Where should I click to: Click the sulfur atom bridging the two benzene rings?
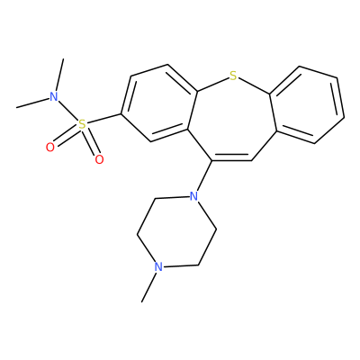click(233, 76)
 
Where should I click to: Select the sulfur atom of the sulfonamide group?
click(82, 124)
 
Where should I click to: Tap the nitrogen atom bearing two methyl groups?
click(54, 96)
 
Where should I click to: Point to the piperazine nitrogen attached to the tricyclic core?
click(194, 196)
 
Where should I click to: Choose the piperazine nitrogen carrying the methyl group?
click(158, 266)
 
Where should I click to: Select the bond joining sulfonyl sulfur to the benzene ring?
click(103, 119)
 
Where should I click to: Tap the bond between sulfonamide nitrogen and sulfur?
click(67, 111)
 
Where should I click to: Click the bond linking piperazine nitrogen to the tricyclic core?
click(204, 176)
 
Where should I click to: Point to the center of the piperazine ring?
click(176, 231)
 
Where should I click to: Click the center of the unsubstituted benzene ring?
click(307, 104)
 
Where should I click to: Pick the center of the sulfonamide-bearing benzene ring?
click(159, 103)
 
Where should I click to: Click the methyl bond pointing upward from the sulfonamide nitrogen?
click(59, 75)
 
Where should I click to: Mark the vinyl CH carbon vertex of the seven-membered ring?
click(251, 161)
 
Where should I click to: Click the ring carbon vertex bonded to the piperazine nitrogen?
click(211, 161)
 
